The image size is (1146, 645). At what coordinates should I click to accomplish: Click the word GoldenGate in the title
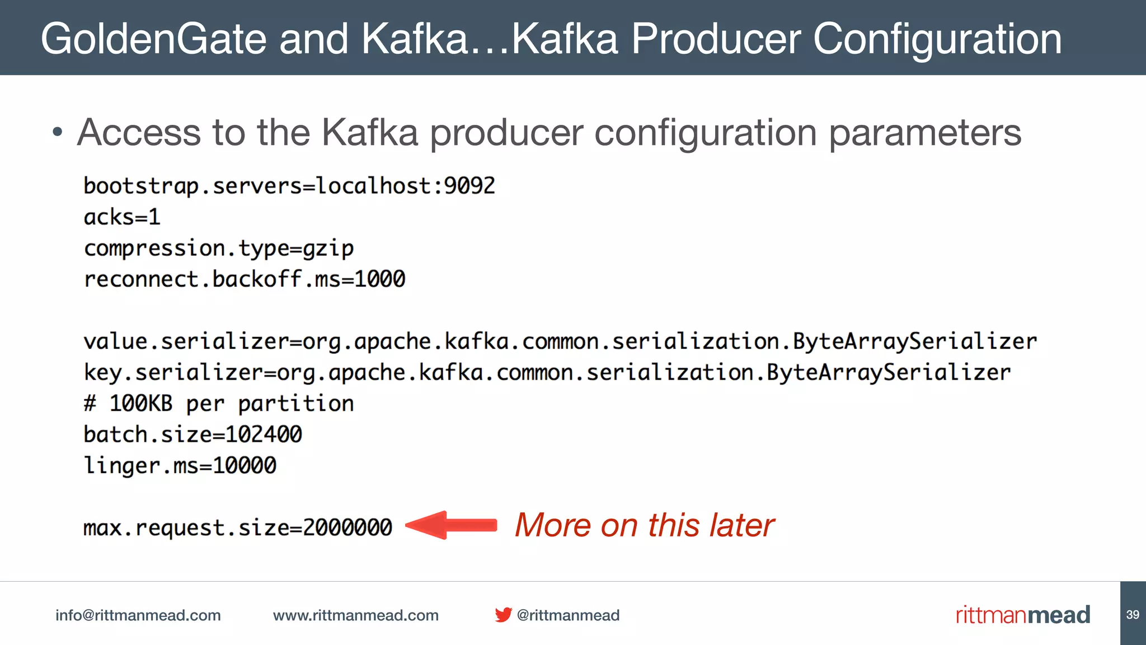click(153, 39)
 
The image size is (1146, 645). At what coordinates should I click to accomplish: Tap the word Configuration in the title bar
click(937, 39)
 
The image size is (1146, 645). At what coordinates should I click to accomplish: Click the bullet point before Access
click(57, 133)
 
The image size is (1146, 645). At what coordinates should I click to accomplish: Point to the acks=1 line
click(122, 217)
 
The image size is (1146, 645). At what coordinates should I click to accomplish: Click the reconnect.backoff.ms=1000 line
click(244, 279)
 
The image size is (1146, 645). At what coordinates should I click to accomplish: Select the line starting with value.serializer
click(560, 342)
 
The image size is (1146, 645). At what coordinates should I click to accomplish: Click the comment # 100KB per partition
click(218, 404)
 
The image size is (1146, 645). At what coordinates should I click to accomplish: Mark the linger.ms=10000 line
click(180, 466)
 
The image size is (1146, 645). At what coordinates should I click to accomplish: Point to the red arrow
click(451, 525)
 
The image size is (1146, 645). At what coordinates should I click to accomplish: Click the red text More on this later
click(644, 525)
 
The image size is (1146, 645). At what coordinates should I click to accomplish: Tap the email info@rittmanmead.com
click(138, 615)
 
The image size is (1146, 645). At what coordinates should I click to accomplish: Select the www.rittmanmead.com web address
click(355, 615)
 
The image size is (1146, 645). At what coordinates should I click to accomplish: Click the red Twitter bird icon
click(503, 615)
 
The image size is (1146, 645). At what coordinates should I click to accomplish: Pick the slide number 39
click(1133, 615)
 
